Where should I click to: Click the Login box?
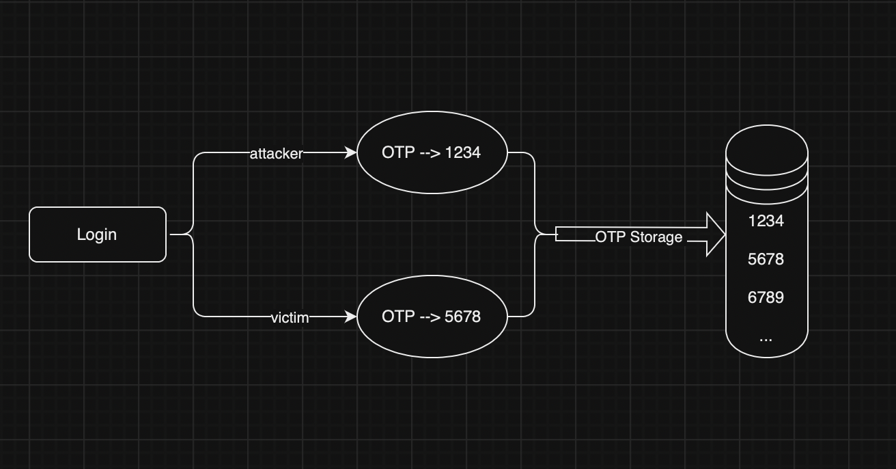[x=98, y=234]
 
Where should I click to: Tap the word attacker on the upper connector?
[x=277, y=153]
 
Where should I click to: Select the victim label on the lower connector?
[x=290, y=318]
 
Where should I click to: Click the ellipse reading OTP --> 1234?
[x=432, y=152]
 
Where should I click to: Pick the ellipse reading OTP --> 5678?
[x=432, y=317]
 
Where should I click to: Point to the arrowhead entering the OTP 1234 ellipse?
[x=351, y=152]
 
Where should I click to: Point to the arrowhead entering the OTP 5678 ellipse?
[x=351, y=317]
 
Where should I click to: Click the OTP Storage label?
[x=639, y=237]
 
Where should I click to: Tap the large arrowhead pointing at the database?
[x=716, y=234]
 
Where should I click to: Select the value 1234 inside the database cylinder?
[x=766, y=221]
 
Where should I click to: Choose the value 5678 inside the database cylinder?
[x=766, y=259]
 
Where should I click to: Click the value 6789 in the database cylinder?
[x=766, y=297]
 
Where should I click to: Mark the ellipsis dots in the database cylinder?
[x=766, y=340]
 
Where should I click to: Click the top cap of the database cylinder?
[x=767, y=150]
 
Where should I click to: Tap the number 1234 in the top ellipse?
[x=463, y=152]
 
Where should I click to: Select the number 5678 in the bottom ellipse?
[x=463, y=317]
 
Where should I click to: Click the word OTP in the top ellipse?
[x=398, y=152]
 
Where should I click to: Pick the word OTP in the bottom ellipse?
[x=398, y=317]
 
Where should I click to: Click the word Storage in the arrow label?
[x=656, y=237]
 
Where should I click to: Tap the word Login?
[x=97, y=234]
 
